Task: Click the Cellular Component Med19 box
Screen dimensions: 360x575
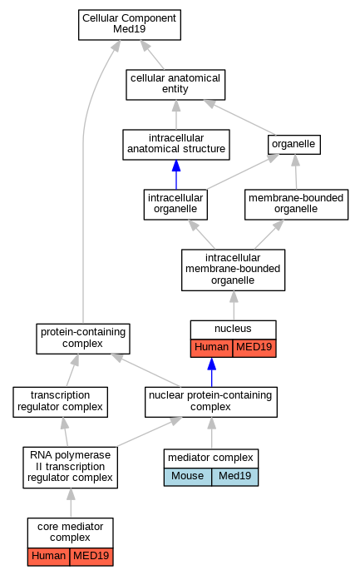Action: click(129, 25)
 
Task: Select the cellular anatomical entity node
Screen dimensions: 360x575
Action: click(175, 84)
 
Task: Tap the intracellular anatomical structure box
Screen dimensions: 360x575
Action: click(176, 145)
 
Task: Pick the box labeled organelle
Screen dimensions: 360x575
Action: click(294, 145)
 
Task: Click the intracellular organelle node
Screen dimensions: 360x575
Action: click(175, 205)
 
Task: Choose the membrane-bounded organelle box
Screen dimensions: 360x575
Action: click(296, 205)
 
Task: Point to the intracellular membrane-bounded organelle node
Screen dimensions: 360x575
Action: click(233, 270)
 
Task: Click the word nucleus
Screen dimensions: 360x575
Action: click(233, 329)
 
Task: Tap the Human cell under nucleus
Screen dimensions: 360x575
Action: click(211, 348)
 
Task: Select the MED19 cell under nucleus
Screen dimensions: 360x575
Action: click(254, 348)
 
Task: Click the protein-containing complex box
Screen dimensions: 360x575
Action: click(83, 339)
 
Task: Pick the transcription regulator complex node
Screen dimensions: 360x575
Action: click(60, 402)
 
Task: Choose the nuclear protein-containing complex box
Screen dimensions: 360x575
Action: click(211, 402)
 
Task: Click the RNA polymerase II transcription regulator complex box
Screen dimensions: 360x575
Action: click(71, 467)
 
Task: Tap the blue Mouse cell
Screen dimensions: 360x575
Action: click(188, 477)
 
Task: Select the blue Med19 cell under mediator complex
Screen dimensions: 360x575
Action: click(234, 477)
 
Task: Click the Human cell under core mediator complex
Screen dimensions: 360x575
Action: click(48, 557)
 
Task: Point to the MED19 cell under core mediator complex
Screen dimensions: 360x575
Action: click(91, 557)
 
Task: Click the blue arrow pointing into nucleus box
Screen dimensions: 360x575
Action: click(212, 372)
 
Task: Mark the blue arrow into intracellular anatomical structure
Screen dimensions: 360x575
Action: click(176, 175)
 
